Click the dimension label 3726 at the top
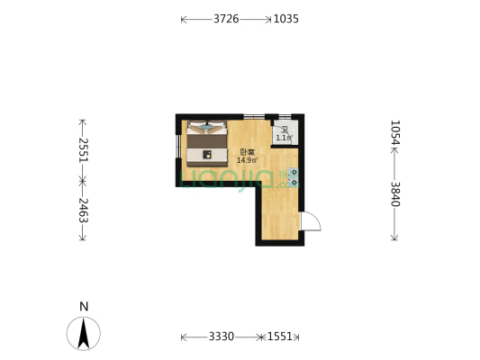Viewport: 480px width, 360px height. click(226, 18)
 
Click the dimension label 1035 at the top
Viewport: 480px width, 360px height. click(285, 18)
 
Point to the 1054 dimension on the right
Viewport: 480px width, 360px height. click(394, 133)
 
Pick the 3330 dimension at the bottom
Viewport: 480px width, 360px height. click(222, 337)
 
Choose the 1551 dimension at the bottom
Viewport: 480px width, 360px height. click(280, 337)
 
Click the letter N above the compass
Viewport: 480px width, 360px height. click(83, 307)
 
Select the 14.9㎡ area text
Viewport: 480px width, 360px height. click(247, 160)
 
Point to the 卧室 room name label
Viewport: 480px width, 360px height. click(247, 152)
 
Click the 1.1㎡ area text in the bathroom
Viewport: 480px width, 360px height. click(284, 138)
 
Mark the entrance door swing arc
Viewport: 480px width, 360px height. click(311, 221)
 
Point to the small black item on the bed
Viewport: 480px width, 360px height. click(207, 154)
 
